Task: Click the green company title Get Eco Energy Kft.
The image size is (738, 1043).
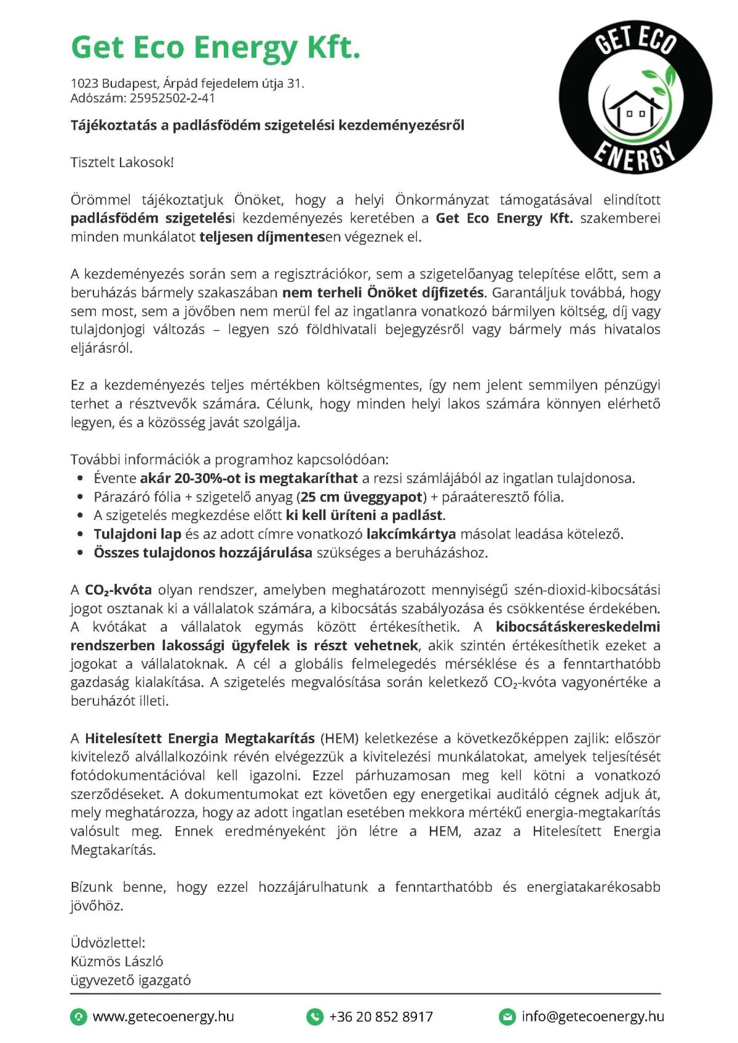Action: pyautogui.click(x=215, y=48)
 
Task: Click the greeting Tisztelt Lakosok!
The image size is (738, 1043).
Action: pyautogui.click(x=122, y=162)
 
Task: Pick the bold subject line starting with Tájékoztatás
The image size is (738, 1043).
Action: pyautogui.click(x=268, y=125)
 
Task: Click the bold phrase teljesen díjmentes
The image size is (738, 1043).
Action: pyautogui.click(x=262, y=237)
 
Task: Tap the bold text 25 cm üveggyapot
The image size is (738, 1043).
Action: pyautogui.click(x=362, y=497)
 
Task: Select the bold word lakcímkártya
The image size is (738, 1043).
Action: pyautogui.click(x=411, y=534)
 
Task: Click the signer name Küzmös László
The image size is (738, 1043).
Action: pyautogui.click(x=117, y=961)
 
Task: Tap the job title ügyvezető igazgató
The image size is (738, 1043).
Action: pyautogui.click(x=130, y=980)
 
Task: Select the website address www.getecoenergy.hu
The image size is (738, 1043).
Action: pyautogui.click(x=163, y=1017)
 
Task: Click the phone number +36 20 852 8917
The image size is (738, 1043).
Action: pyautogui.click(x=381, y=1017)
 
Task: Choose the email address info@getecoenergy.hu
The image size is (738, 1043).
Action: pyautogui.click(x=592, y=1017)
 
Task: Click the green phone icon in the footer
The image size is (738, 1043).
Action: pyautogui.click(x=315, y=1017)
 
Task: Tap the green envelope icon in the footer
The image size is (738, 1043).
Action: pyautogui.click(x=507, y=1017)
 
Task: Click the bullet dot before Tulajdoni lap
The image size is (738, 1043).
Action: pyautogui.click(x=81, y=535)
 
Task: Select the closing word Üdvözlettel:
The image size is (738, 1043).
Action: pyautogui.click(x=108, y=943)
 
